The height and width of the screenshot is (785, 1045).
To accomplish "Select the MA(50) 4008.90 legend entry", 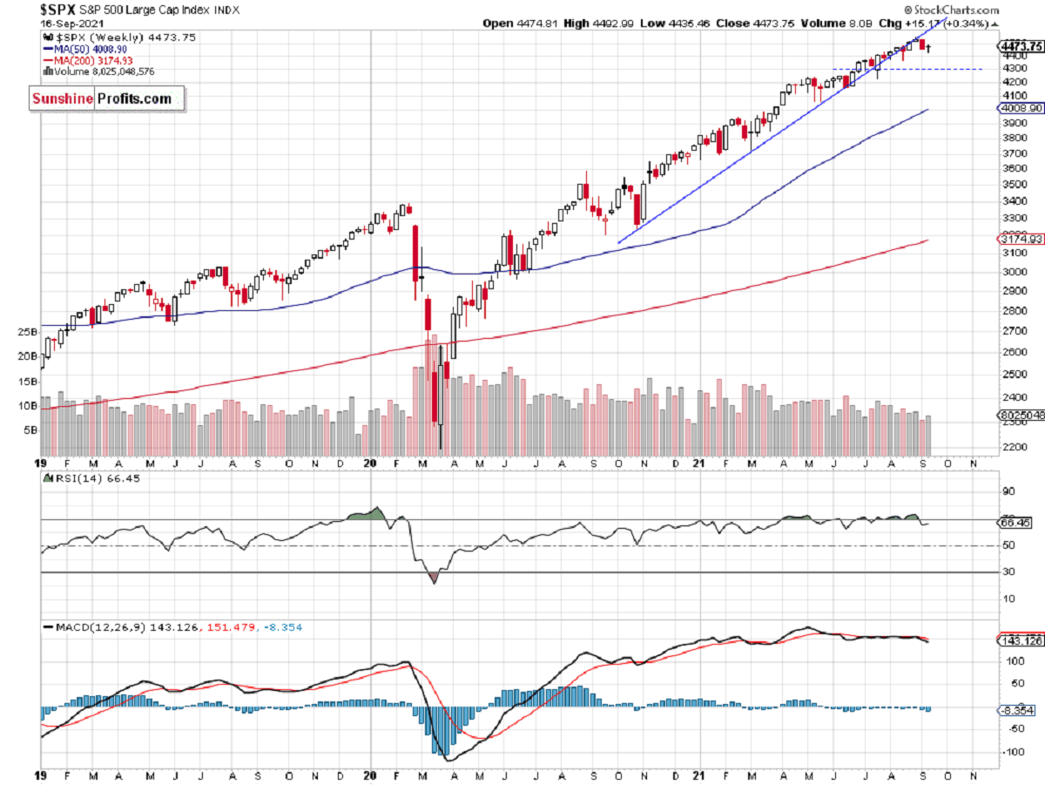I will tap(91, 50).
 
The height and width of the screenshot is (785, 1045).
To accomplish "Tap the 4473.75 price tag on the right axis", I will tap(1020, 46).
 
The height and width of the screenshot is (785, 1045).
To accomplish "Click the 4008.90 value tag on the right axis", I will tap(1020, 109).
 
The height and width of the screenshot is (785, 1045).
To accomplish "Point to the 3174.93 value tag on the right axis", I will tap(1020, 239).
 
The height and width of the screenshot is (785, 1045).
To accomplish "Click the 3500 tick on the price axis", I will tap(1013, 185).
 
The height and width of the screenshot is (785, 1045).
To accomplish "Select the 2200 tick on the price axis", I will tap(1013, 448).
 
